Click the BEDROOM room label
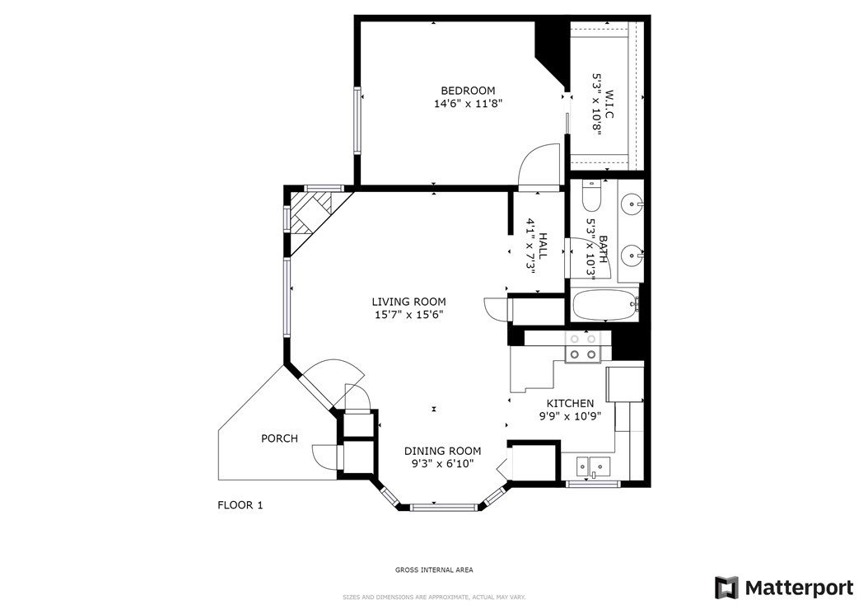coord(468,91)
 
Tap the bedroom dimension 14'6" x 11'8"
coord(468,104)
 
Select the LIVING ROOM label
coord(408,302)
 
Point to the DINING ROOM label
coord(442,451)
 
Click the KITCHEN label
coord(570,403)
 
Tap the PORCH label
coord(279,438)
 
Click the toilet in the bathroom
coord(591,197)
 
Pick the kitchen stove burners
coord(583,347)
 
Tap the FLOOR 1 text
coord(240,505)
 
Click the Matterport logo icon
coord(726,588)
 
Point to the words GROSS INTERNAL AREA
coord(434,569)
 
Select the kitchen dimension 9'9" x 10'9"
coord(570,416)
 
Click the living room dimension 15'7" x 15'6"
coord(408,315)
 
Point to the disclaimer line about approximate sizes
coord(434,598)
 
